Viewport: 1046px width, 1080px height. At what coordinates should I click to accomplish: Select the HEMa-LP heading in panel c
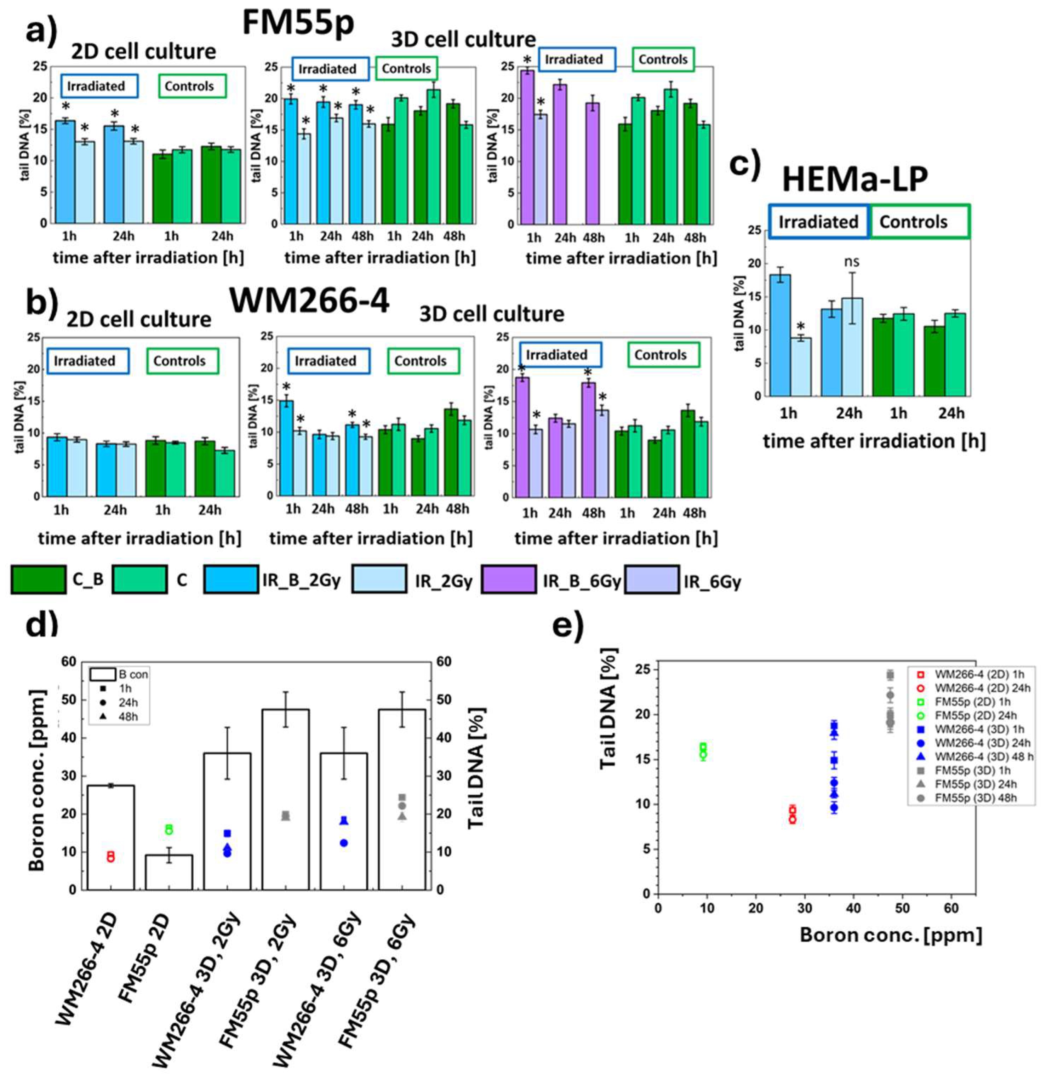coord(855,179)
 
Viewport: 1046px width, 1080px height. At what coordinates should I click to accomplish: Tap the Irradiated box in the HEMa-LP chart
coord(818,222)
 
